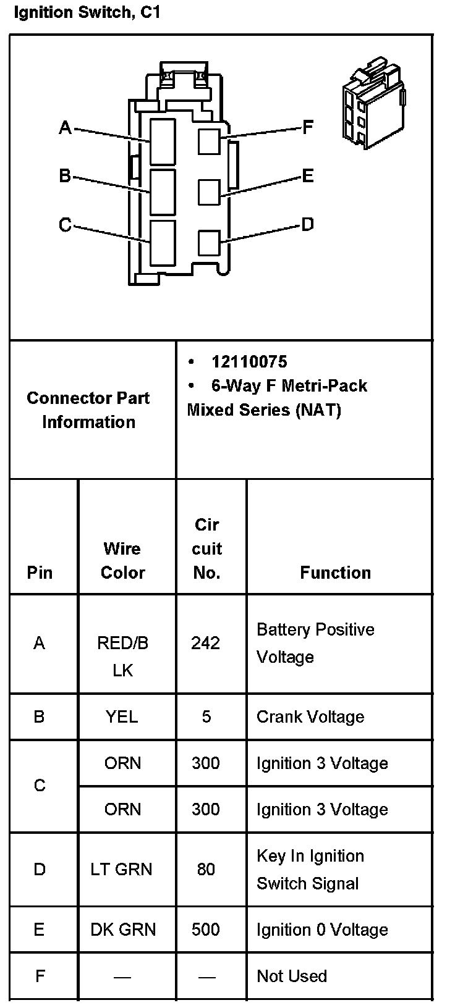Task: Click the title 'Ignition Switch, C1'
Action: (87, 13)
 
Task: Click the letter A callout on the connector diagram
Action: (65, 128)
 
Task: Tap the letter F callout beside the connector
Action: (308, 128)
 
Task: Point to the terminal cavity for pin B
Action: (163, 191)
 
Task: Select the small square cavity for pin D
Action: (209, 242)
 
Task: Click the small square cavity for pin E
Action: (209, 191)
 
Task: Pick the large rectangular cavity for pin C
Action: (163, 243)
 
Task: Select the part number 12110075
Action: (249, 362)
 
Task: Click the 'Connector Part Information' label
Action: (88, 409)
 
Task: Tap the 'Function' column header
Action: (335, 573)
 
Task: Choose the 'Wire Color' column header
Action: (122, 560)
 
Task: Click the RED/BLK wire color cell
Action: (122, 657)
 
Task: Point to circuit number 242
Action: (205, 644)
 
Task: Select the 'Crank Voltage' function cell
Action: (310, 717)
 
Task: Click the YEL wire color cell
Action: (122, 717)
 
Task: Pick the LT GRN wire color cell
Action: (121, 870)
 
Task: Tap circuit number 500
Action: (205, 930)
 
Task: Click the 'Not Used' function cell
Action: (291, 976)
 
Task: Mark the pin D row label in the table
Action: (40, 870)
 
